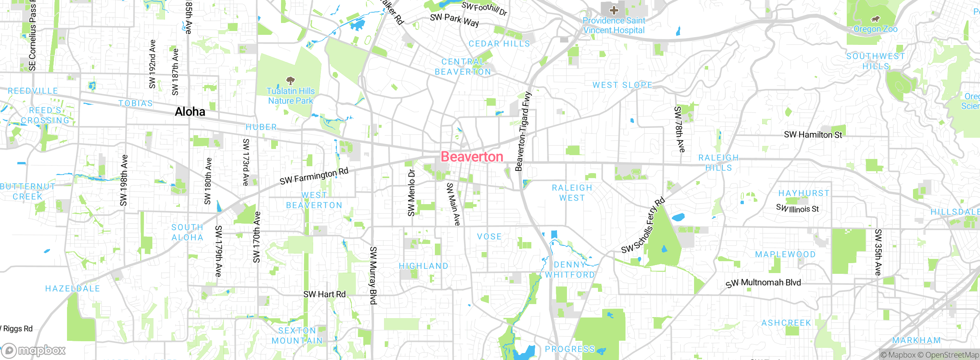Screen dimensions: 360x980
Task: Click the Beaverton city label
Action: [472, 157]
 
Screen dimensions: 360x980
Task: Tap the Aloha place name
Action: [190, 111]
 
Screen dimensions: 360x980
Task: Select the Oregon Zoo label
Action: [875, 29]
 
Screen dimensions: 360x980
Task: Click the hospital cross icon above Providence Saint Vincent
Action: [614, 10]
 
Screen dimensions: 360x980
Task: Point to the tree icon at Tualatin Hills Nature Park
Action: [291, 80]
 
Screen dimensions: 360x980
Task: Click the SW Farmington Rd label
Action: [314, 176]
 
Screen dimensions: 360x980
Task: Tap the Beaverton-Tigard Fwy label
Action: [523, 131]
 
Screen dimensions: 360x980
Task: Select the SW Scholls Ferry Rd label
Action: [643, 226]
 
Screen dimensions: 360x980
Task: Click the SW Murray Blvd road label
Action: [373, 275]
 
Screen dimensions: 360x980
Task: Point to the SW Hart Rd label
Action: [324, 294]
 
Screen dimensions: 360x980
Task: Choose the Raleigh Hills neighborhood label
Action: [718, 163]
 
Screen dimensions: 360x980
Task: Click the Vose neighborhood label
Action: [489, 237]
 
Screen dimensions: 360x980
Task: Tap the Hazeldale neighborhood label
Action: [72, 288]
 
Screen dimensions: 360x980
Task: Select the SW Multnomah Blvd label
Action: [763, 283]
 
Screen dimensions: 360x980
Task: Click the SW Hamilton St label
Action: [813, 134]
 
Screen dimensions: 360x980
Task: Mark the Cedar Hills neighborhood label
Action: [499, 44]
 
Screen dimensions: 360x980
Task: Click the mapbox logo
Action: [34, 350]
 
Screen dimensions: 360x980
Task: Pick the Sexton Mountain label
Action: [297, 335]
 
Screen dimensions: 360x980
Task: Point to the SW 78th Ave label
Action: [679, 129]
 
